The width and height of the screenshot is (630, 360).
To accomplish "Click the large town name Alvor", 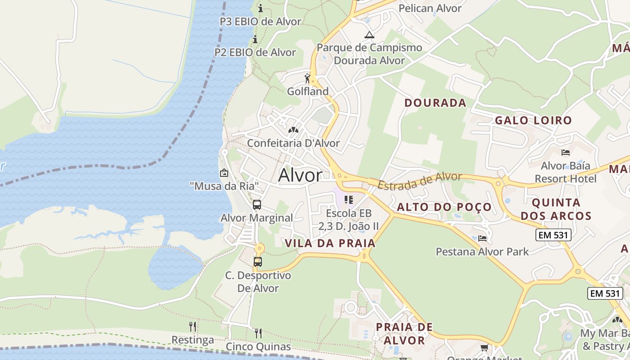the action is [x=300, y=175].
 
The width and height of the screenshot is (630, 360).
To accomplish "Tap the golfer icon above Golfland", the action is [x=308, y=79].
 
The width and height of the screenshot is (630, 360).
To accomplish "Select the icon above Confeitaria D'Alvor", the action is [x=293, y=130].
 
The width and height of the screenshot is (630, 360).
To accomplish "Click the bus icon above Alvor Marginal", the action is [x=257, y=205].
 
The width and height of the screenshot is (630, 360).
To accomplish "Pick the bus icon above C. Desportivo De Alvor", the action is [x=258, y=261].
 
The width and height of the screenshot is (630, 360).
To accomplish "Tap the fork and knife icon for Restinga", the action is [x=193, y=326].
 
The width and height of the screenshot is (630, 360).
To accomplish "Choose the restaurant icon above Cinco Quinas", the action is [x=258, y=333].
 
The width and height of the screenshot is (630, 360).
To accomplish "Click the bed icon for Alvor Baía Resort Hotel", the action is [x=566, y=153].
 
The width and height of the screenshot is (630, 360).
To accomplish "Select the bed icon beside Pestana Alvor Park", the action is [x=482, y=238].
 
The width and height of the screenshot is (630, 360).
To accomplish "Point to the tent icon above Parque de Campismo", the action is [x=369, y=35].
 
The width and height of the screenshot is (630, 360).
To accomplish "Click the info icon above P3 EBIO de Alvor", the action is [x=260, y=8].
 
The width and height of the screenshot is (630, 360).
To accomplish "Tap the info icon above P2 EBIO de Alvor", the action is [x=255, y=39].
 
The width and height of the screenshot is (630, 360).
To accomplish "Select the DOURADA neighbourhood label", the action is [x=435, y=103].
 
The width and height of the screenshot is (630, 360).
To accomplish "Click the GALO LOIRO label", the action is [x=533, y=120].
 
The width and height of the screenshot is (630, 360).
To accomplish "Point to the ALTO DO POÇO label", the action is [x=444, y=207].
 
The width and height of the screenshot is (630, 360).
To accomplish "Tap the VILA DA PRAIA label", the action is [x=330, y=243].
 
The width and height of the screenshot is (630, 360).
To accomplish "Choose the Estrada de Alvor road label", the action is [x=420, y=180].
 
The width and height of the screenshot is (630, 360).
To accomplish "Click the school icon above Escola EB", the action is [x=349, y=199].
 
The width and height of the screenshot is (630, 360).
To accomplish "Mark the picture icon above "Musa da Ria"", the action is [x=224, y=172].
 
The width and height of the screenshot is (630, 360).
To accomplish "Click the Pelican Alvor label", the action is [x=430, y=8].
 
